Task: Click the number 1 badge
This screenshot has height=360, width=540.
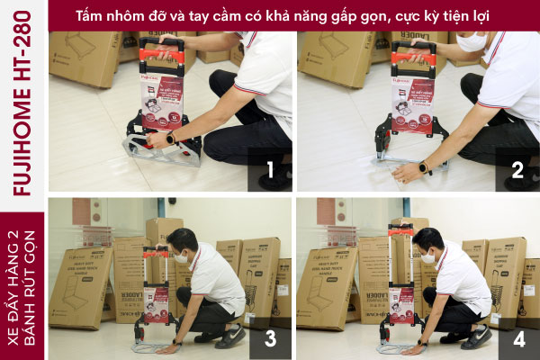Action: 269,169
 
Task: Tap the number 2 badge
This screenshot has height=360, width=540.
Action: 517,169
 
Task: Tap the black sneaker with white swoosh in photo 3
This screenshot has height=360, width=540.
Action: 230,337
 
